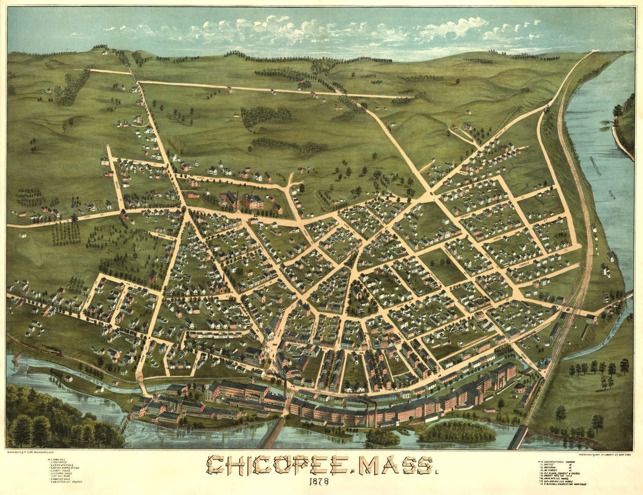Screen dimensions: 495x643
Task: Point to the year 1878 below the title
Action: (x=319, y=483)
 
